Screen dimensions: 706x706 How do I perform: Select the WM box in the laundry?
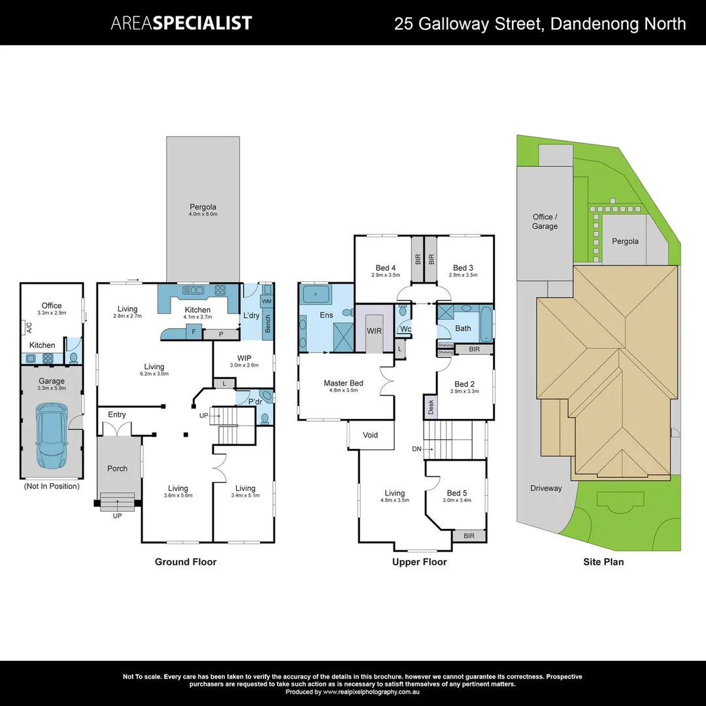click(x=267, y=301)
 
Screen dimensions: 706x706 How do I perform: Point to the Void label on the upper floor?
click(x=370, y=435)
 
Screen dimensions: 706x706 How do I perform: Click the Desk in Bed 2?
click(x=430, y=407)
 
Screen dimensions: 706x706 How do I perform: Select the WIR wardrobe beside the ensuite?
click(x=374, y=331)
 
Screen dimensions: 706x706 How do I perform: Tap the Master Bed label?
click(x=343, y=383)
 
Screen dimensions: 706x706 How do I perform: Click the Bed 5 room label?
click(x=458, y=493)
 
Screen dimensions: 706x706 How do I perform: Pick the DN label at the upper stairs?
click(x=417, y=449)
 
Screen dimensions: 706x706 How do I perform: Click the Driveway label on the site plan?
click(x=546, y=488)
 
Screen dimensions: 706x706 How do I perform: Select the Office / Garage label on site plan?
click(x=545, y=222)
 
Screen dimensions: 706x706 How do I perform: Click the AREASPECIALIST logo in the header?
click(x=181, y=24)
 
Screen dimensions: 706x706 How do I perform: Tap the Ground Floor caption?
click(x=185, y=562)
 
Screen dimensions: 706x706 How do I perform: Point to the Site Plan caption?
click(x=603, y=562)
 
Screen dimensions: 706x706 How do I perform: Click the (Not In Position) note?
click(x=52, y=486)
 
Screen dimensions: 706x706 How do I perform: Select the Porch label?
click(x=117, y=469)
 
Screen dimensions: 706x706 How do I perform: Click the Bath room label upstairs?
click(x=463, y=328)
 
